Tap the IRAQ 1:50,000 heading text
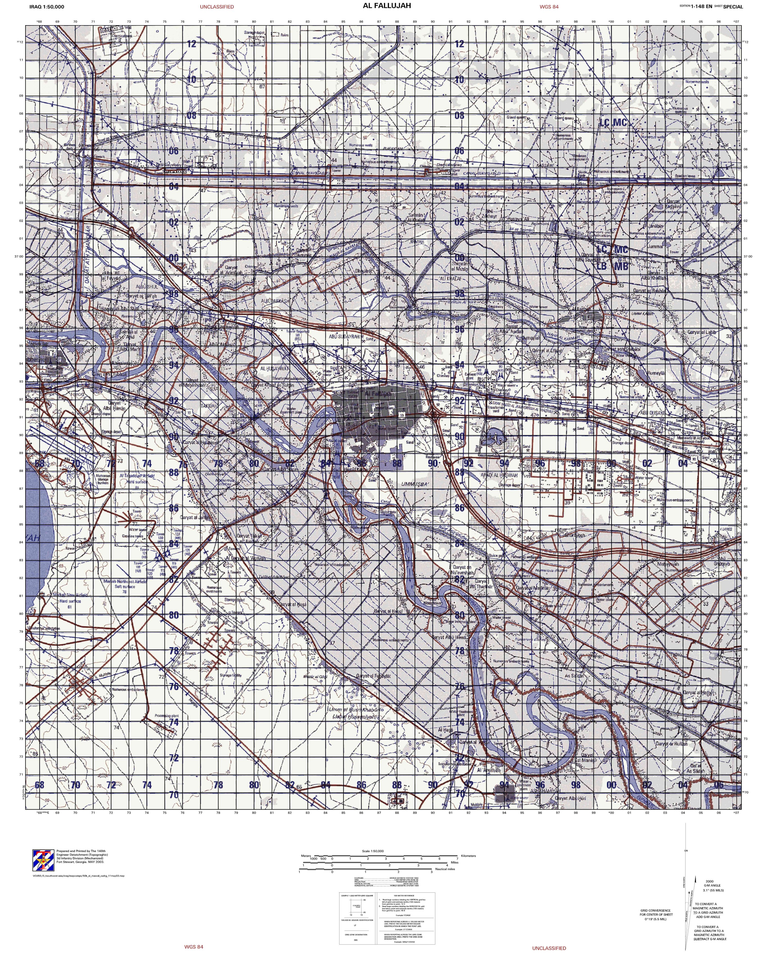(x=47, y=7)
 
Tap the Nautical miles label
(x=445, y=869)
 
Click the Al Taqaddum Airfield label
(x=137, y=475)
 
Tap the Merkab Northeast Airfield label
(x=125, y=582)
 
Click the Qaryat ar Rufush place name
(x=671, y=743)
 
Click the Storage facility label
(x=231, y=675)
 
